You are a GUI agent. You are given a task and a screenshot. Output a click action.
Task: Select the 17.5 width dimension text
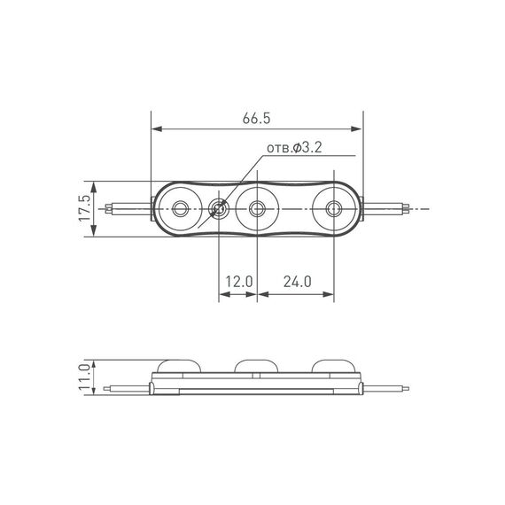[85, 209]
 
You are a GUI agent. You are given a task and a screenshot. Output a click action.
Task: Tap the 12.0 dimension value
[238, 282]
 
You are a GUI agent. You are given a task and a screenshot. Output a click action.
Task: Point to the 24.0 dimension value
[296, 282]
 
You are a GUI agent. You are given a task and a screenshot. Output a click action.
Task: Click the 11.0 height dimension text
[85, 377]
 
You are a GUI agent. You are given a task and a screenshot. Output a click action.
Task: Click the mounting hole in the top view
[218, 209]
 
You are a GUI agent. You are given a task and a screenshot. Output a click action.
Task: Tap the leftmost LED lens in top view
[182, 209]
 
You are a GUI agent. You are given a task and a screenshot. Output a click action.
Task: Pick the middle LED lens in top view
[258, 209]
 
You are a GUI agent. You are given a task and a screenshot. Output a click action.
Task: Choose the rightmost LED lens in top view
[334, 209]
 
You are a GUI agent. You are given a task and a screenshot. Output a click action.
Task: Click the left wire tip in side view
[107, 387]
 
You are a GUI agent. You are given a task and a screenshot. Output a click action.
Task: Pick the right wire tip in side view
[408, 387]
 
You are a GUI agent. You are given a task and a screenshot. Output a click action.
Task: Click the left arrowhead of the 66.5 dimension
[157, 129]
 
